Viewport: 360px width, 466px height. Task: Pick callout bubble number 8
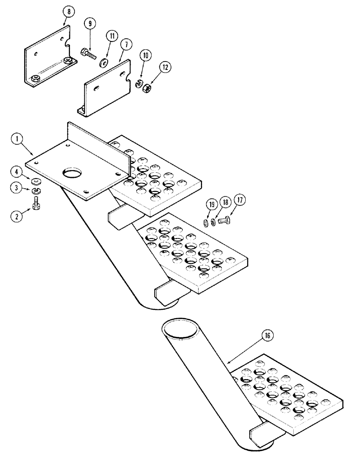[64, 9]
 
